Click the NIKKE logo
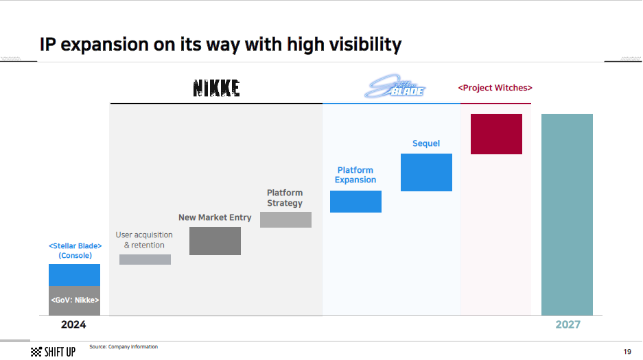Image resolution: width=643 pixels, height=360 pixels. [216, 88]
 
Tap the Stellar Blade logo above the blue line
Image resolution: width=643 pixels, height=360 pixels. [395, 86]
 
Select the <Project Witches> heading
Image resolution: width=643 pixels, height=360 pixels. [495, 88]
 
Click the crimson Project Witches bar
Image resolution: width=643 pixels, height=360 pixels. [496, 134]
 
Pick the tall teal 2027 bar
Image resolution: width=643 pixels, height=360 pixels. [567, 215]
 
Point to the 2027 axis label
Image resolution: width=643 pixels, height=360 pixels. [568, 324]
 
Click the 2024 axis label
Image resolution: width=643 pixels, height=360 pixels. [73, 324]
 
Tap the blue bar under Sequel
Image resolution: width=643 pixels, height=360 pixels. [426, 172]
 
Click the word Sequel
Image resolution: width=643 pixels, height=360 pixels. [426, 143]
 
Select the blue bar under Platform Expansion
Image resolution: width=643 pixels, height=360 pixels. [355, 202]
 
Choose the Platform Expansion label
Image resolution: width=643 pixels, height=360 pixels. [355, 175]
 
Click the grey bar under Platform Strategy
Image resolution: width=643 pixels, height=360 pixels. [286, 220]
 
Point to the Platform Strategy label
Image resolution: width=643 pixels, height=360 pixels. [285, 197]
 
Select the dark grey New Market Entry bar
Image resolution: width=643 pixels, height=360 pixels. [215, 241]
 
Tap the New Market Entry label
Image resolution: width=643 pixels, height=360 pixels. [215, 217]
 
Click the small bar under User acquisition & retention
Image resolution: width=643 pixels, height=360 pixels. [145, 260]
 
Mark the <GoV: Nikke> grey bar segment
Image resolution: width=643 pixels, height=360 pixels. [74, 300]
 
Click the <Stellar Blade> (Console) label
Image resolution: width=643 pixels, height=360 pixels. [75, 251]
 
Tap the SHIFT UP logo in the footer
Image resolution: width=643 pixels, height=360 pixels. [54, 352]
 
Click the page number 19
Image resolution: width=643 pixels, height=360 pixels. [627, 351]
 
